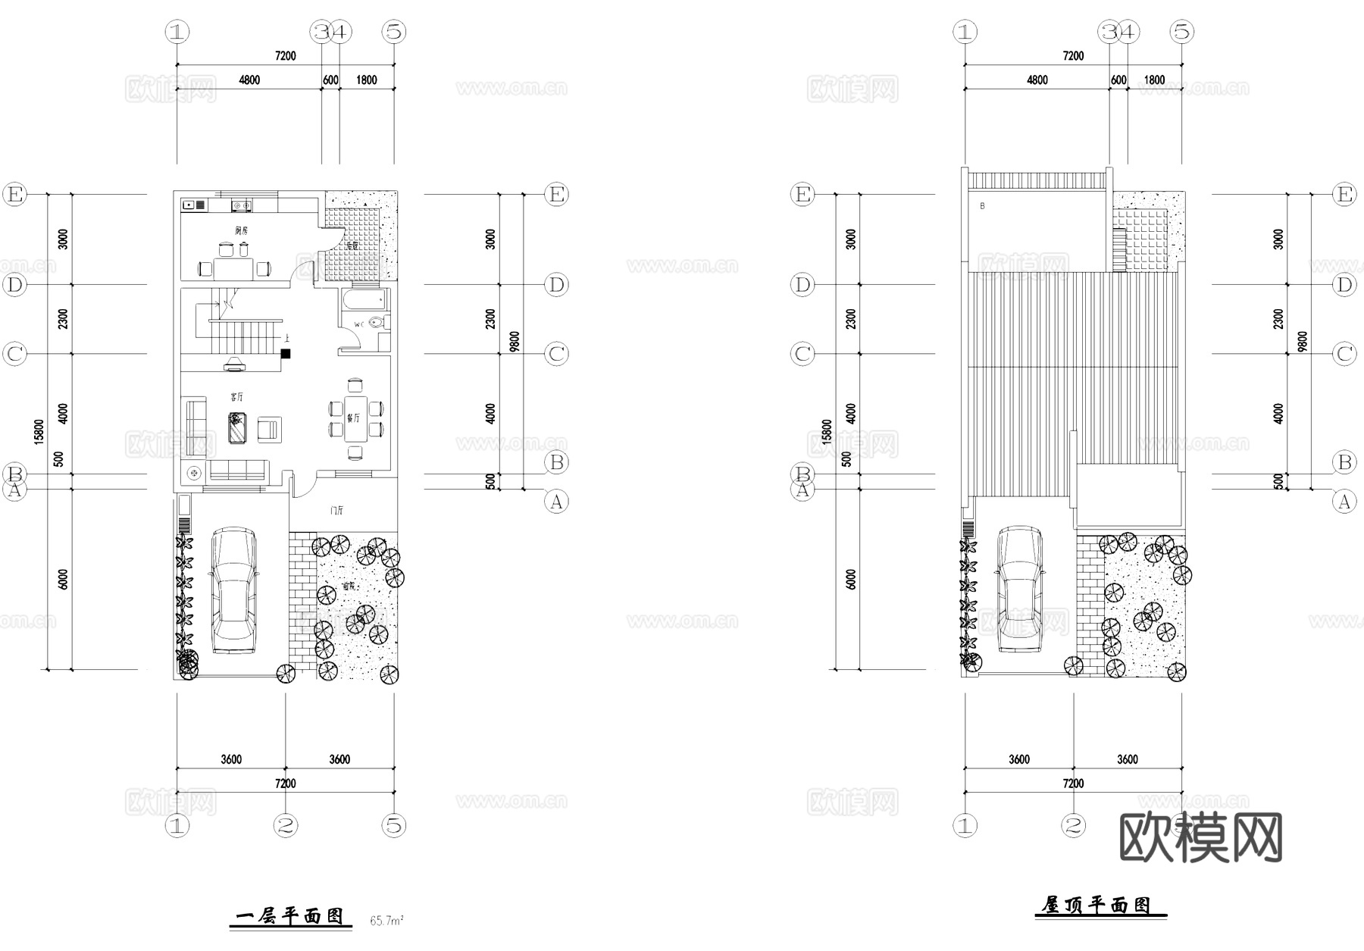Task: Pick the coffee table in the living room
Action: click(x=239, y=428)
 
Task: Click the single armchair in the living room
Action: click(x=269, y=429)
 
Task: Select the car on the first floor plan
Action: click(x=233, y=590)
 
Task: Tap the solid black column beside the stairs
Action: click(x=286, y=353)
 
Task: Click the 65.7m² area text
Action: click(x=386, y=921)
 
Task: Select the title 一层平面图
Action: click(x=290, y=917)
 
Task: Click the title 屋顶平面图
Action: click(x=1097, y=906)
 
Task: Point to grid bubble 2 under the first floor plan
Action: click(x=286, y=825)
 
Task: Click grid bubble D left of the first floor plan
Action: click(x=14, y=285)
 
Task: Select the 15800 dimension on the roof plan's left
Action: click(x=826, y=432)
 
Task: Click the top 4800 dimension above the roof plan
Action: click(x=1037, y=80)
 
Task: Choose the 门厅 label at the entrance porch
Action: click(x=337, y=511)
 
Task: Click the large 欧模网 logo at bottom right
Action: click(x=1200, y=837)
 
